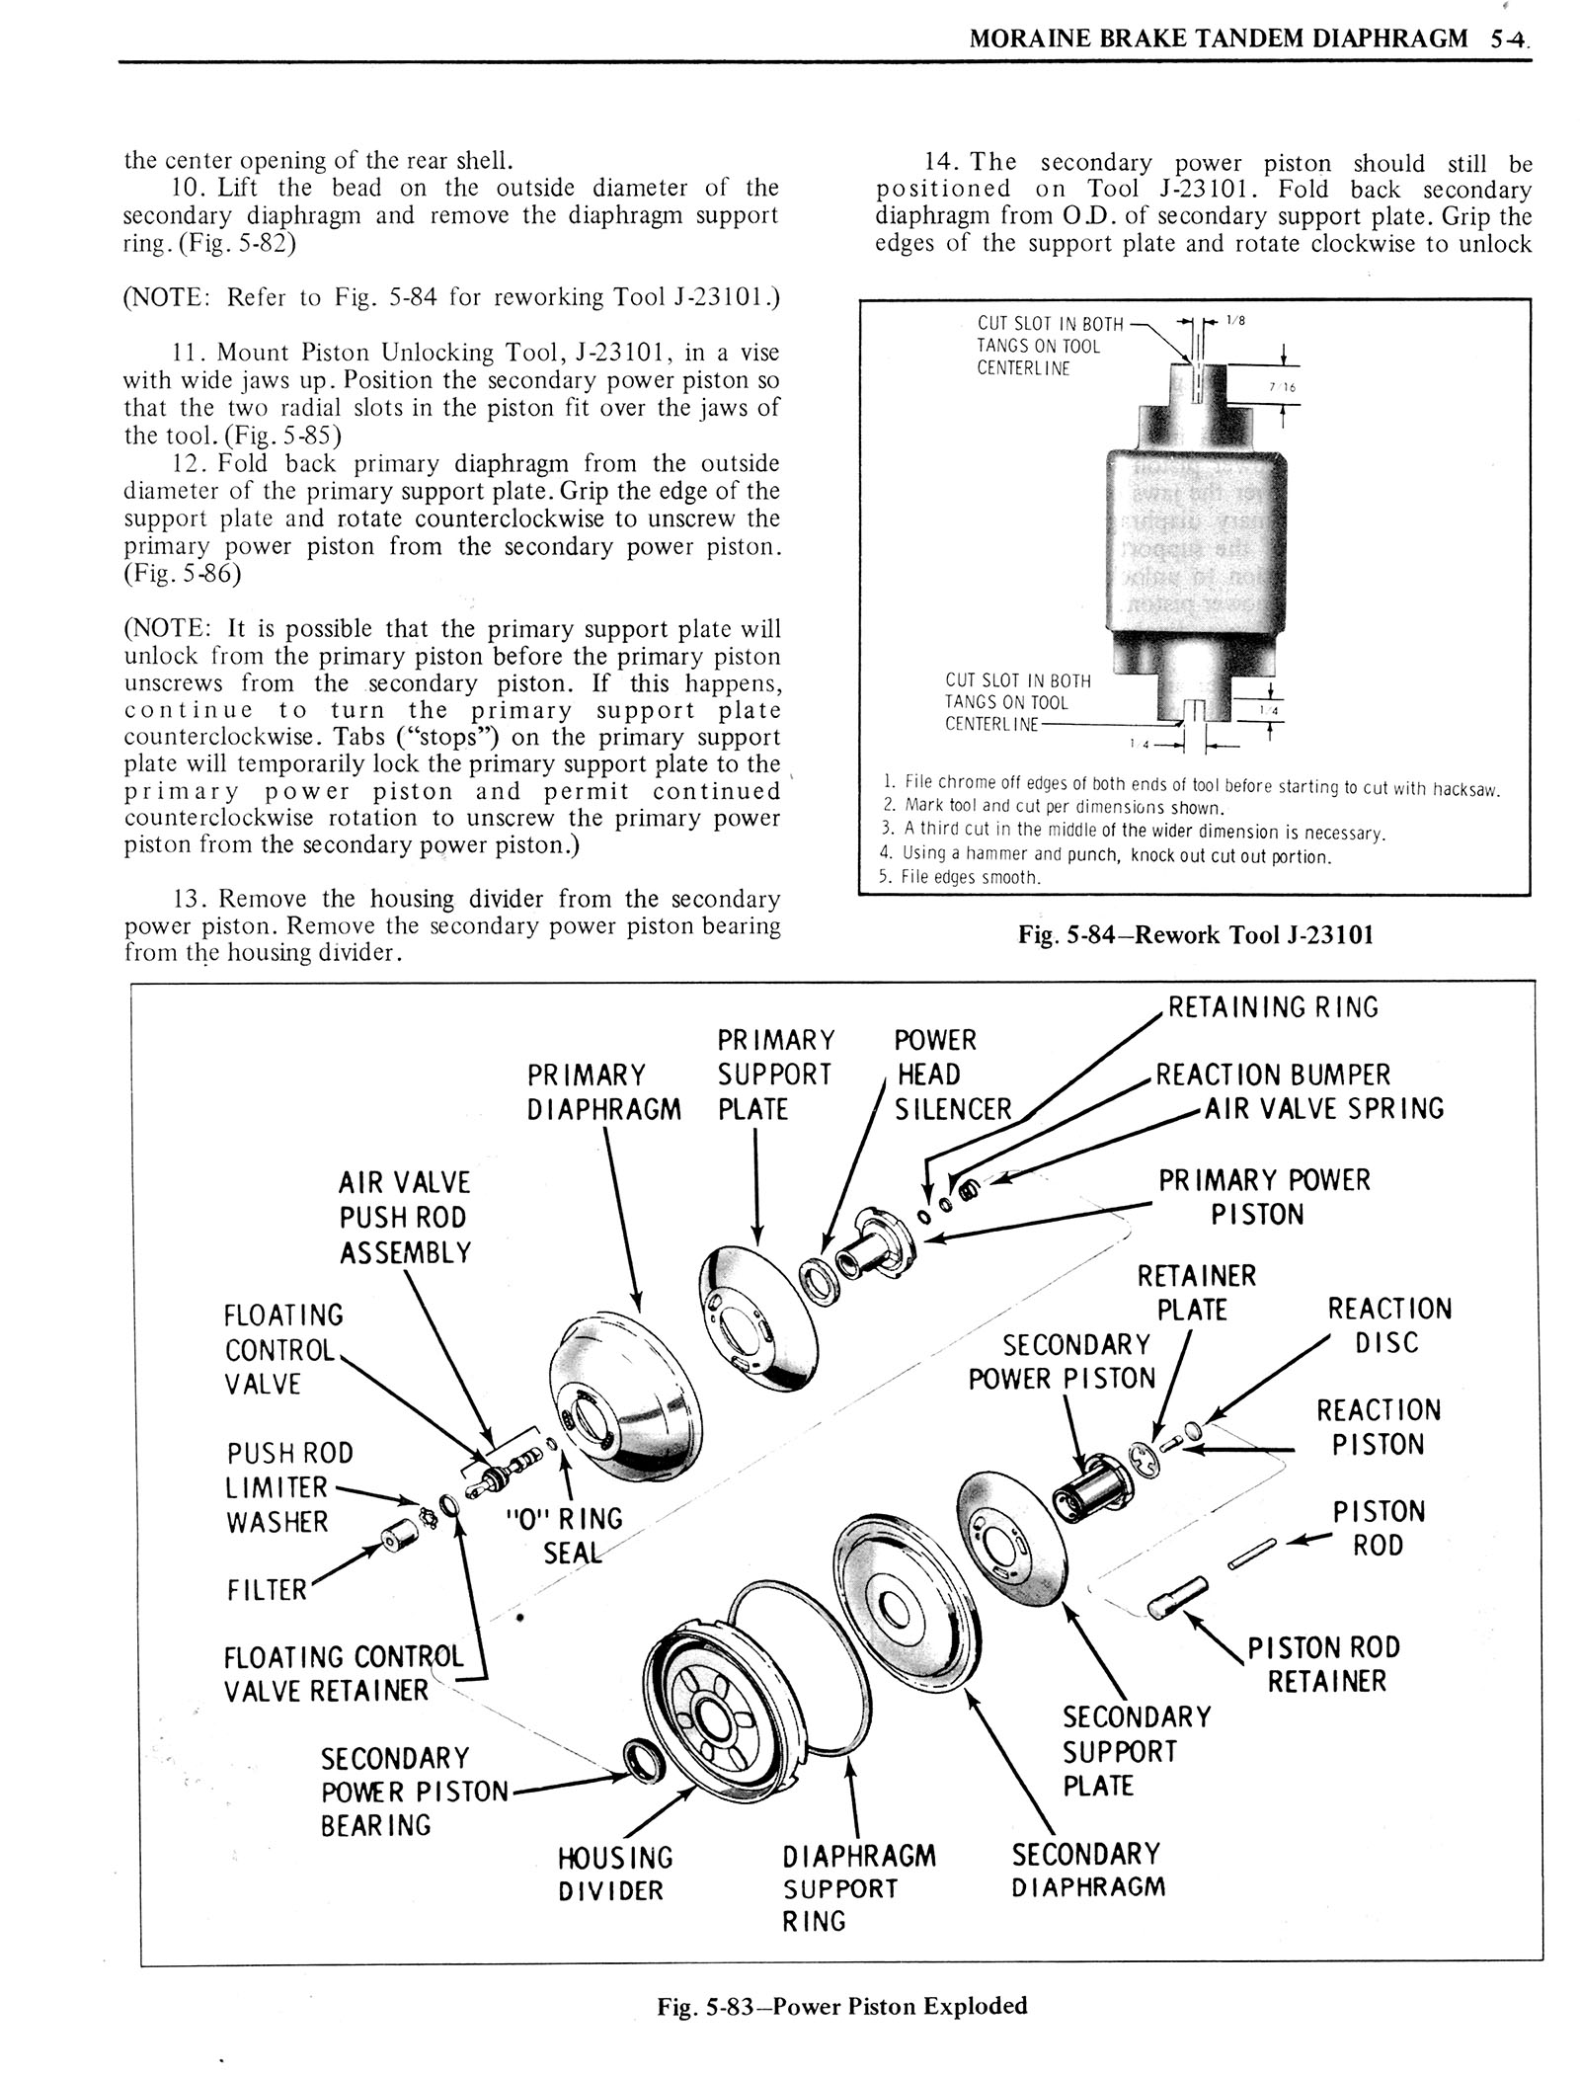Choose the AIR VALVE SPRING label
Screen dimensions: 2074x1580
click(x=1323, y=1109)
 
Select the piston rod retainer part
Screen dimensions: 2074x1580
click(x=1171, y=1596)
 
